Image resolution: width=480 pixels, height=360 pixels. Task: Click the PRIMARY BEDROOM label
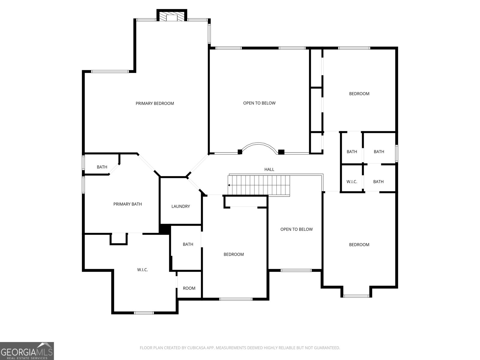(155, 103)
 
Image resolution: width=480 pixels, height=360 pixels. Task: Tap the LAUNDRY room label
(181, 206)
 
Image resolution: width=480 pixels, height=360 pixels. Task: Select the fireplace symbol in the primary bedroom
(172, 16)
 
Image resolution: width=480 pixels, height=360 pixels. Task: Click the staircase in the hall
(259, 185)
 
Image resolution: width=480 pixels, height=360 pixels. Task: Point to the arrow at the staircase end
(229, 185)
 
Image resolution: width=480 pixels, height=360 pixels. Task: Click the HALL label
(269, 169)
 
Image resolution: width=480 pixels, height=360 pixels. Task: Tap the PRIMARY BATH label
(127, 204)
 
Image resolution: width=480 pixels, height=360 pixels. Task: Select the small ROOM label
(189, 288)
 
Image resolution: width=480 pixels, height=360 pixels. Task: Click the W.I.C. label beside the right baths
(352, 182)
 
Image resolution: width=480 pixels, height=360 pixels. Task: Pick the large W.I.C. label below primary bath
(142, 270)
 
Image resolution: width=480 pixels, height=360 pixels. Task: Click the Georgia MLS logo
(27, 351)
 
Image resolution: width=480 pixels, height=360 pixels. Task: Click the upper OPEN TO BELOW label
(259, 103)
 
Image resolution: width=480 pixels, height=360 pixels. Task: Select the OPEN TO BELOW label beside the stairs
(296, 229)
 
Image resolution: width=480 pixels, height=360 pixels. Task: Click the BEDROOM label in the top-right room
(359, 94)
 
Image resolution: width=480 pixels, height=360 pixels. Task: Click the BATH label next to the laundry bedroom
(188, 244)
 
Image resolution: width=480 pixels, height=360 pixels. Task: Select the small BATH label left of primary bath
(102, 167)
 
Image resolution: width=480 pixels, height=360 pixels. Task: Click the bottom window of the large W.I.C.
(144, 313)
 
